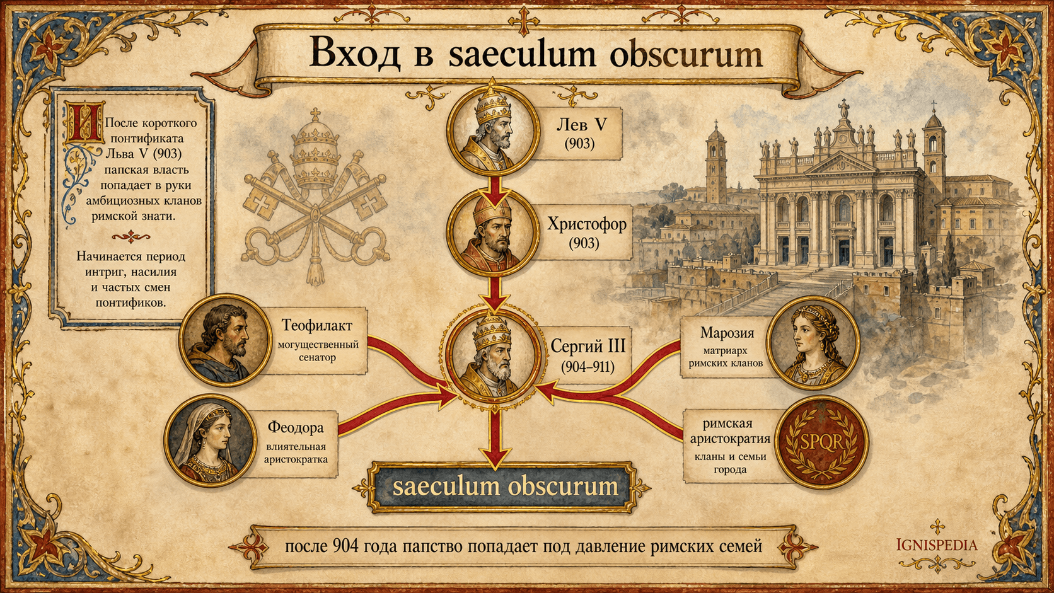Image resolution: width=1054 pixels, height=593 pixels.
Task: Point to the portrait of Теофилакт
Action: point(225,340)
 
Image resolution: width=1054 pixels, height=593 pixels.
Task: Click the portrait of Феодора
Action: point(211,440)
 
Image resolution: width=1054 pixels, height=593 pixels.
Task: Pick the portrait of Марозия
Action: point(813,343)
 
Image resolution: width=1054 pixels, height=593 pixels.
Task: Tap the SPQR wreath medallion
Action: point(821,442)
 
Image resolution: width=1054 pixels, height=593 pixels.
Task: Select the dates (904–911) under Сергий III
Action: point(588,367)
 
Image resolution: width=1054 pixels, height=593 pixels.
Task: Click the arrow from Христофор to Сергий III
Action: point(494,294)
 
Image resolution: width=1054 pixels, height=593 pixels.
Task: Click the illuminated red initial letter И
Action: point(84,122)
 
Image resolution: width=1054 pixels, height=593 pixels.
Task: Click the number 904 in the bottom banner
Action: point(345,546)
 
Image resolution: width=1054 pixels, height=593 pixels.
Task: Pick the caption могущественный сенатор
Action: point(318,351)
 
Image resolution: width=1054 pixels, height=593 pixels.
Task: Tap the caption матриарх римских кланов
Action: point(726,357)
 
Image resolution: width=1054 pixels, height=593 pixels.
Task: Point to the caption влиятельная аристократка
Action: point(296,453)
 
